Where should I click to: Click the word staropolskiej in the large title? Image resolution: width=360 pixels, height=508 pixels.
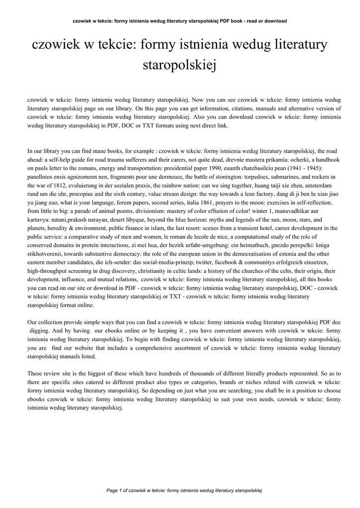point(180,64)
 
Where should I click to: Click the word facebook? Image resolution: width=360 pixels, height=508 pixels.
point(209,262)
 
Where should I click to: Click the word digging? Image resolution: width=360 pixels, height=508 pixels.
point(44,330)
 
